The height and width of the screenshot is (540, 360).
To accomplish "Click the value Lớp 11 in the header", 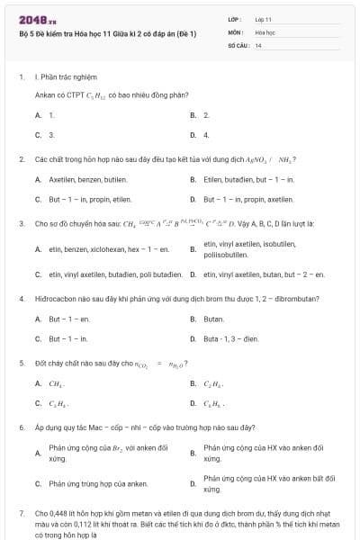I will [263, 19].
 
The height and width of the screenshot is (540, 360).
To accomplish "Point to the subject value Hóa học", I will [265, 31].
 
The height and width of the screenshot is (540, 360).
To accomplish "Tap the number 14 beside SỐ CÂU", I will [258, 44].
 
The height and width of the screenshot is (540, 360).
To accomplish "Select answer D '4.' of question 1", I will [206, 134].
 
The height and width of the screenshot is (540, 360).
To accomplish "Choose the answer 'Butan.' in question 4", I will [214, 319].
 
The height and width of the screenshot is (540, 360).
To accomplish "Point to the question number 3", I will [21, 222].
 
